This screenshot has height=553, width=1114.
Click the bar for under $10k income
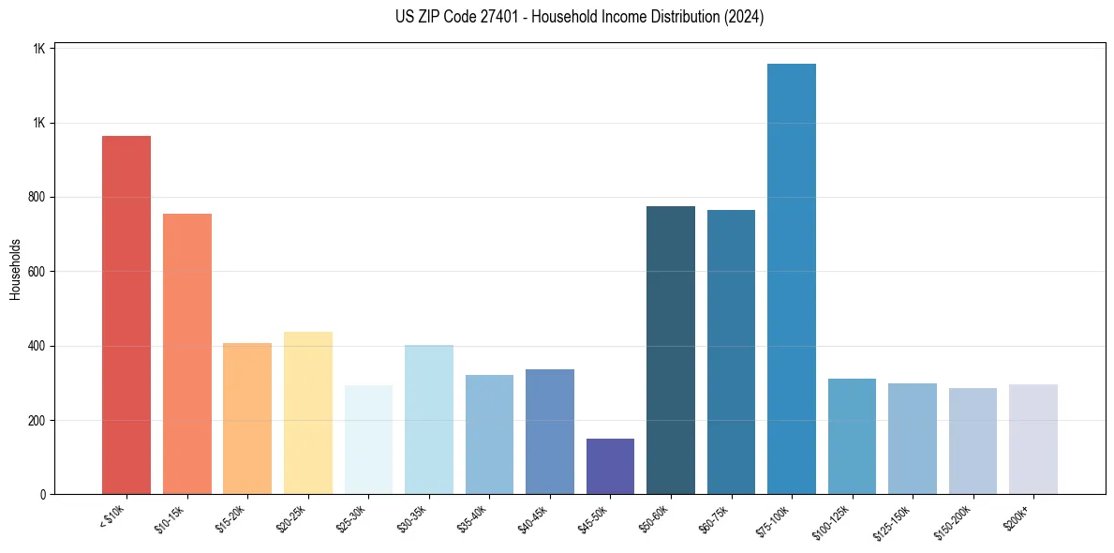click(126, 315)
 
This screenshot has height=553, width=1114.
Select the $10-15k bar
click(187, 354)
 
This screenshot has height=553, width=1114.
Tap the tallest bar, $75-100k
click(792, 279)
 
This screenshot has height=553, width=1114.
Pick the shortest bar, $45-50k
click(610, 466)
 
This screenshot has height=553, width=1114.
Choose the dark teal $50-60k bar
click(671, 351)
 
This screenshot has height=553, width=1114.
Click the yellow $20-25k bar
click(308, 412)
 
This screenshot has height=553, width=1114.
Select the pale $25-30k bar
click(368, 440)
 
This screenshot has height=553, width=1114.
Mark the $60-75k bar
click(731, 352)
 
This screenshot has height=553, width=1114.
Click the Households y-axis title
click(15, 269)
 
